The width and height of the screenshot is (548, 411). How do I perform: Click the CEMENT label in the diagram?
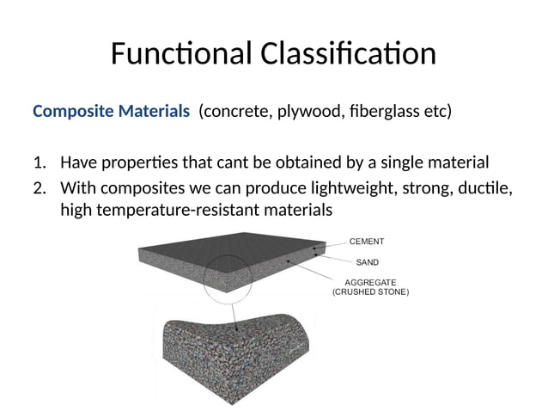[367, 242]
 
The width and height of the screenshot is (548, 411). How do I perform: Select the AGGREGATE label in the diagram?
[370, 281]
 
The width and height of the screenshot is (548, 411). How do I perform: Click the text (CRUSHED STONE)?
[370, 292]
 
